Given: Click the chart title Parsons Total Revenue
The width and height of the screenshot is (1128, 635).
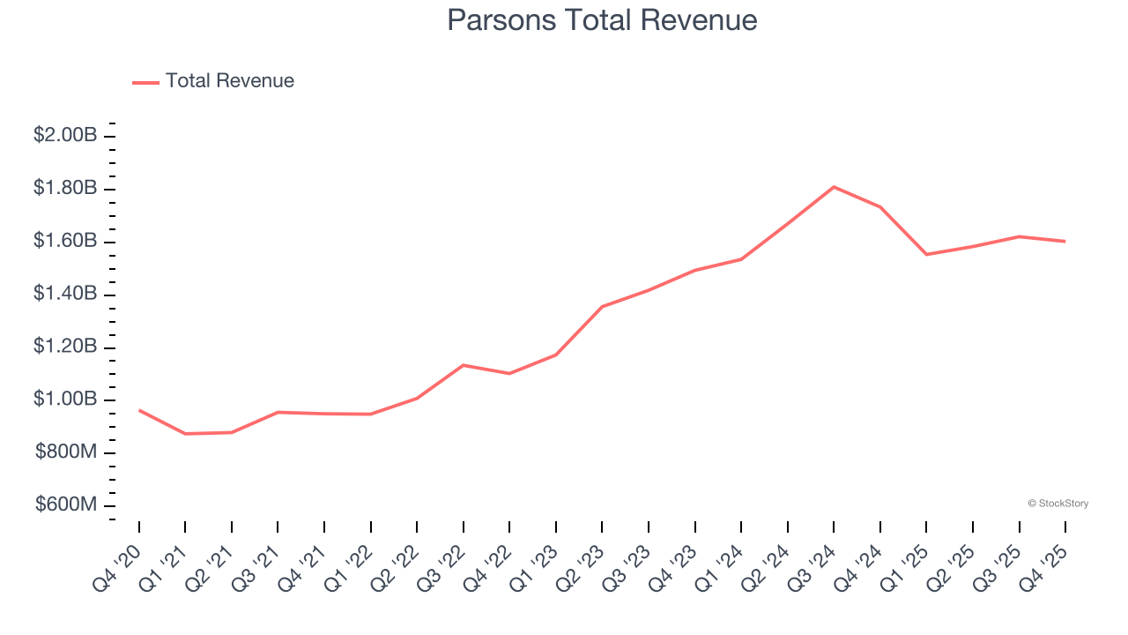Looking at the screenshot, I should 602,20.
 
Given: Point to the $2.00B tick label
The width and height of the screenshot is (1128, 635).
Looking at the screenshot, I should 65,136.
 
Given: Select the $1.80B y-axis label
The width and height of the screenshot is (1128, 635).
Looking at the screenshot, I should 65,189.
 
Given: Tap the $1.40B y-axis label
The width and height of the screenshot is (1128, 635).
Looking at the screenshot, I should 65,295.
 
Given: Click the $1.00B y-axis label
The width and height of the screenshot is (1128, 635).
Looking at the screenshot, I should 65,400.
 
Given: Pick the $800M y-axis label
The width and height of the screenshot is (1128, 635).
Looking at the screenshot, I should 66,453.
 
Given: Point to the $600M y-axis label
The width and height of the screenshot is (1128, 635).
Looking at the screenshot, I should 66,505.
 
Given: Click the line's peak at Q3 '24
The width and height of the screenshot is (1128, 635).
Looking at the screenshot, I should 834,187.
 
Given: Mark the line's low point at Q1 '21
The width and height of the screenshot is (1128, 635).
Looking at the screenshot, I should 185,434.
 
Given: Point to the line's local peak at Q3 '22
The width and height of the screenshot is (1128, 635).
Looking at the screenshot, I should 464,365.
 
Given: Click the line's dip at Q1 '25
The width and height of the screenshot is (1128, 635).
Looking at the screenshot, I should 926,255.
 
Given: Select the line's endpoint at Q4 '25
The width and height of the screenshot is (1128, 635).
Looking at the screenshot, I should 1065,241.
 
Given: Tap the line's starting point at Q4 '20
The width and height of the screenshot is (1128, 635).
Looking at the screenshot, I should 139,410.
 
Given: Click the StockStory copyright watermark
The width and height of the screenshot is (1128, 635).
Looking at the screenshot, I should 1057,504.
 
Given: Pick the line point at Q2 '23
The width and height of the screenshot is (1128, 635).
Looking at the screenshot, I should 602,307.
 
